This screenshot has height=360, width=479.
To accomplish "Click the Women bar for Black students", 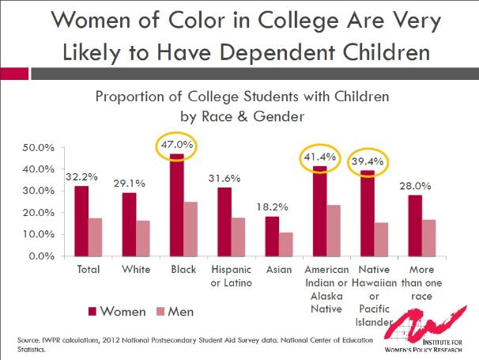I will [x=176, y=206].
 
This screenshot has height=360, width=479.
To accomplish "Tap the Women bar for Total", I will [x=81, y=222].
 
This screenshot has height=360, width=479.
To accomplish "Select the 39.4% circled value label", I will [x=368, y=162].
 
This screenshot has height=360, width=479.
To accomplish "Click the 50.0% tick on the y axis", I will [x=37, y=148].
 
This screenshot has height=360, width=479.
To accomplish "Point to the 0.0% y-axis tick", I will [x=40, y=256].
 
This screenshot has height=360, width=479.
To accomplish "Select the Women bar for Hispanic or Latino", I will [x=224, y=222].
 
